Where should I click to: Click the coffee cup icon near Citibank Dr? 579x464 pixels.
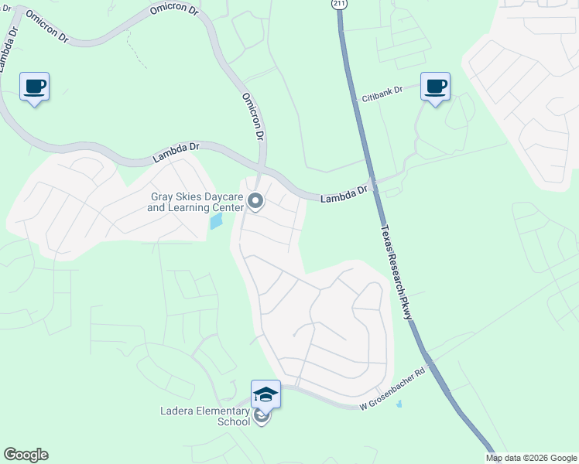(435, 86)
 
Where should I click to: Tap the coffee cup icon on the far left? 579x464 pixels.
(34, 86)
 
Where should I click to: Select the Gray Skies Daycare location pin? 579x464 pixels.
(256, 203)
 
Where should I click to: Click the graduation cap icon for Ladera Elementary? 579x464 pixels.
(265, 394)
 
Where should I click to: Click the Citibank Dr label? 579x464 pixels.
(382, 95)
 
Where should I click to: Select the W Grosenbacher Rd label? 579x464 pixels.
(393, 394)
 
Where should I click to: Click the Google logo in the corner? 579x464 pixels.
(26, 455)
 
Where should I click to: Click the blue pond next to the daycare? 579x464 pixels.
(217, 221)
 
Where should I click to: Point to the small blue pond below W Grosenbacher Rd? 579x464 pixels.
(399, 404)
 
